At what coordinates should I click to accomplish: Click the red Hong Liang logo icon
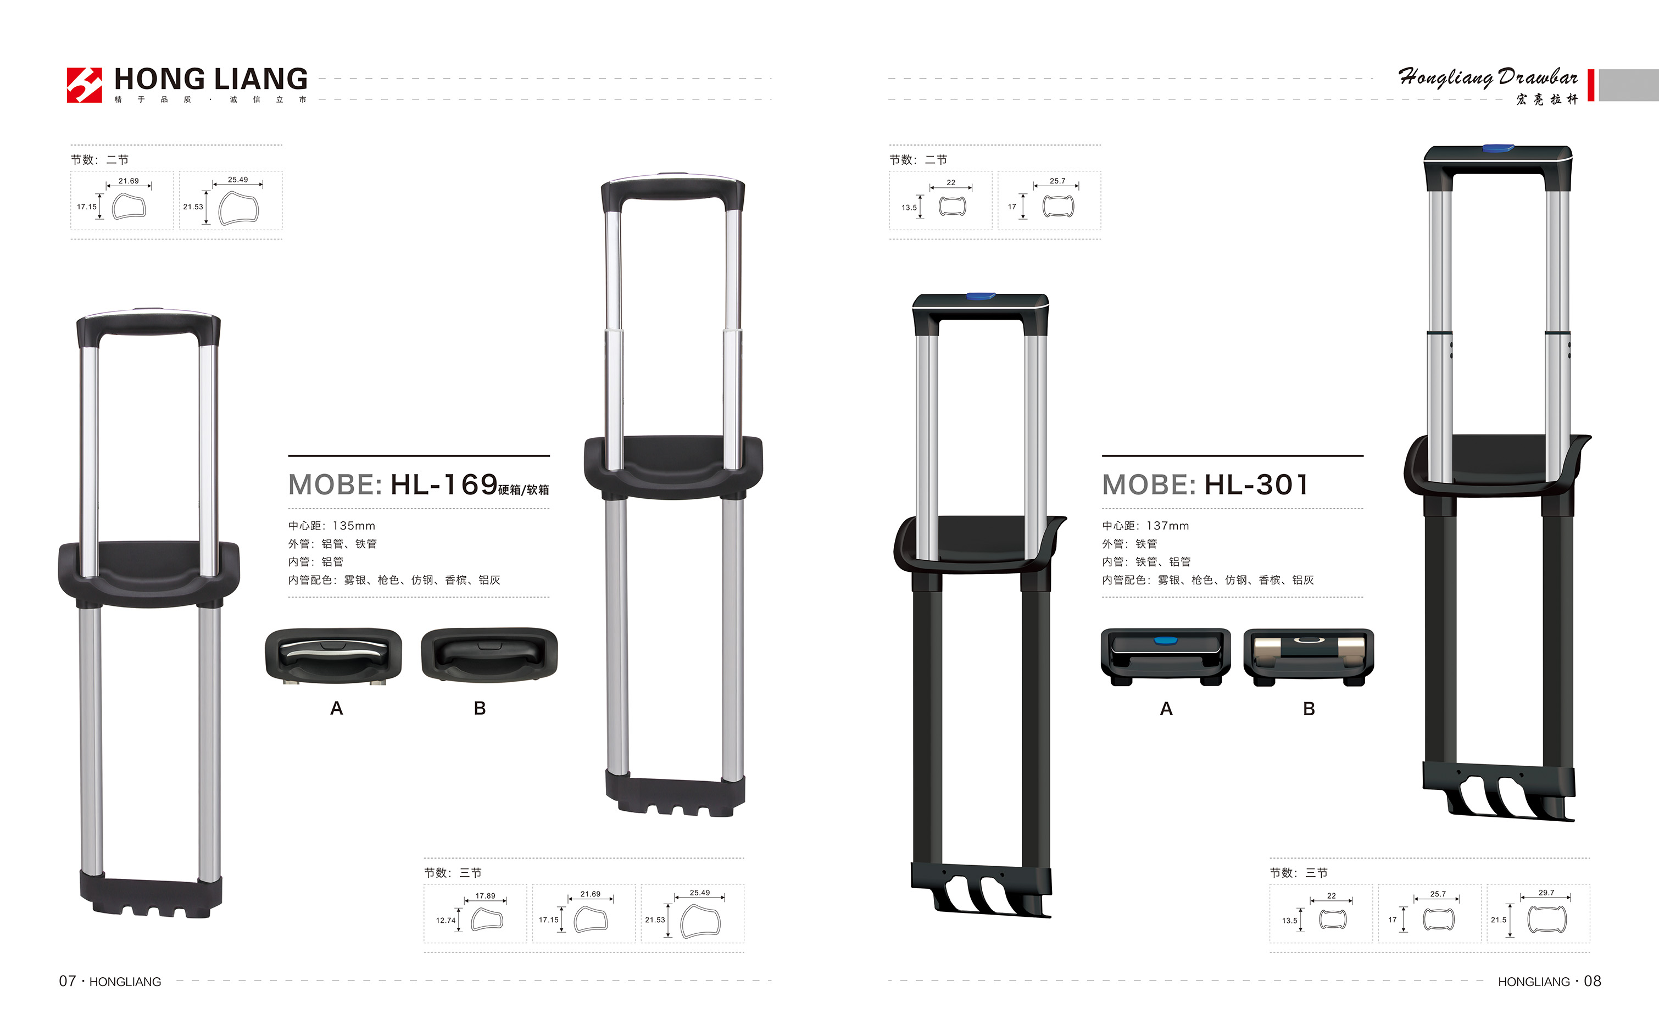pyautogui.click(x=84, y=85)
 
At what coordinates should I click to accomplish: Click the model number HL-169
pyautogui.click(x=444, y=484)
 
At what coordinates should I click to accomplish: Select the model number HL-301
pyautogui.click(x=1257, y=484)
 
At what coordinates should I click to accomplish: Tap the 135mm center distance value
pyautogui.click(x=354, y=526)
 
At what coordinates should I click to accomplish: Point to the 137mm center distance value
pyautogui.click(x=1168, y=526)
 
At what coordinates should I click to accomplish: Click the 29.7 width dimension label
pyautogui.click(x=1546, y=892)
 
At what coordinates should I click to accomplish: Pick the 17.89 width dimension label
pyautogui.click(x=485, y=895)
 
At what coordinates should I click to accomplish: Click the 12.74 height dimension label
pyautogui.click(x=446, y=920)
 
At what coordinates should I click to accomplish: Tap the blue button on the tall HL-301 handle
pyautogui.click(x=1498, y=148)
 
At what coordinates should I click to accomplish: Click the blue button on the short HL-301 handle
pyautogui.click(x=981, y=297)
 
